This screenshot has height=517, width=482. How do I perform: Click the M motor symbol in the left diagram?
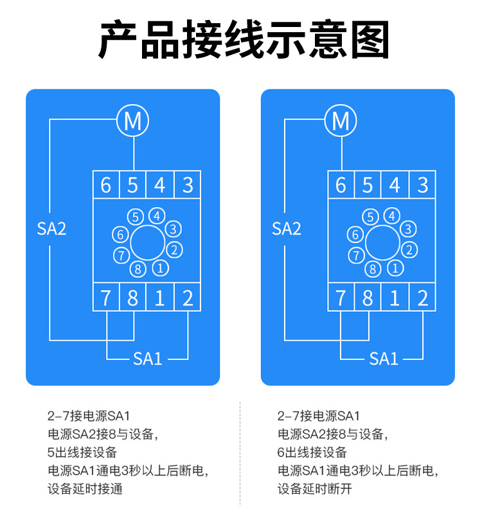132,120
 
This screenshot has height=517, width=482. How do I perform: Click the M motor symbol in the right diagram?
341,120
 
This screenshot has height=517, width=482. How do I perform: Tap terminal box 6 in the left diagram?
106,185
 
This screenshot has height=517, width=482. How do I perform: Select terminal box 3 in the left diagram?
187,185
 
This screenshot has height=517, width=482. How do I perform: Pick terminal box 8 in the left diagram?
133,298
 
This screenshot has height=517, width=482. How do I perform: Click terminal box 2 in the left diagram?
187,298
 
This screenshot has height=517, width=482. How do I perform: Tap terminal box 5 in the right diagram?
368,185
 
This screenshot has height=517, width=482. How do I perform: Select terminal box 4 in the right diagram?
395,185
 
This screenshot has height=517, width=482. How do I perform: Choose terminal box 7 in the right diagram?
341,298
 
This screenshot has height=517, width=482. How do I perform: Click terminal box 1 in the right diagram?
395,298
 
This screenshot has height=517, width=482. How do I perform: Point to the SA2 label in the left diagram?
51,228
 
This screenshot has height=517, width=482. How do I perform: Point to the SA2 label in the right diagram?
287,228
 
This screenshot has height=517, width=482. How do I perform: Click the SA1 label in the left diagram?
147,358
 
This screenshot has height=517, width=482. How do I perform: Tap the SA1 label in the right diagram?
383,358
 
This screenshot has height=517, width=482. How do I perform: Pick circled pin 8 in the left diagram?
138,269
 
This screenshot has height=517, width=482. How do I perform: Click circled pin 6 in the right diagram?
354,235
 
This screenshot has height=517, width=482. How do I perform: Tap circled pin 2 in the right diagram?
407,249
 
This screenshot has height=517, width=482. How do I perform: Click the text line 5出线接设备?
83,452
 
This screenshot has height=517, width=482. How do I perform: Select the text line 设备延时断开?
315,489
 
